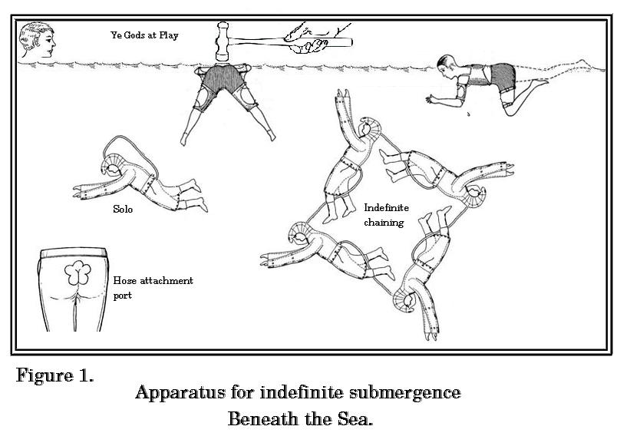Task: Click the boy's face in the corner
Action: [38, 39]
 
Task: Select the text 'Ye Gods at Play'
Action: [144, 35]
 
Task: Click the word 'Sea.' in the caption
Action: [350, 420]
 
